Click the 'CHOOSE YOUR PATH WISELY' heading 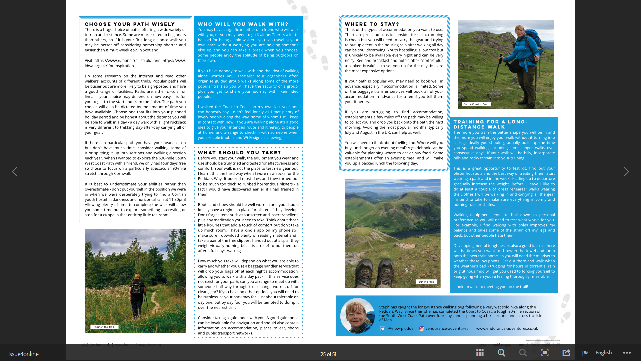pos(130,24)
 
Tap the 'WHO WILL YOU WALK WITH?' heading pos(243,24)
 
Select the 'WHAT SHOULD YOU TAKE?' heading pos(239,153)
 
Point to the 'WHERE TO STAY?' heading pos(372,24)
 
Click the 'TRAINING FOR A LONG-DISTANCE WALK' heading pos(490,124)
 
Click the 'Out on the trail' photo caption pos(104,327)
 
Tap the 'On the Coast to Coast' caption pos(476,104)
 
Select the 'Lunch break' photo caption pos(426,282)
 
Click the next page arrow pos(626,172)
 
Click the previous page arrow pos(15,172)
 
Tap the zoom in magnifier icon pos(501,353)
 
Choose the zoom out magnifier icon pos(523,353)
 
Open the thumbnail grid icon pos(480,353)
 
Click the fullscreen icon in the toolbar pos(545,353)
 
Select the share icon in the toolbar pos(566,353)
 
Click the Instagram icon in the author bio pos(422,329)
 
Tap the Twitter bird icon pos(383,329)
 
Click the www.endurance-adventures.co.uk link pos(507,328)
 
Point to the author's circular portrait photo pos(357,316)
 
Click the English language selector pos(603,353)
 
